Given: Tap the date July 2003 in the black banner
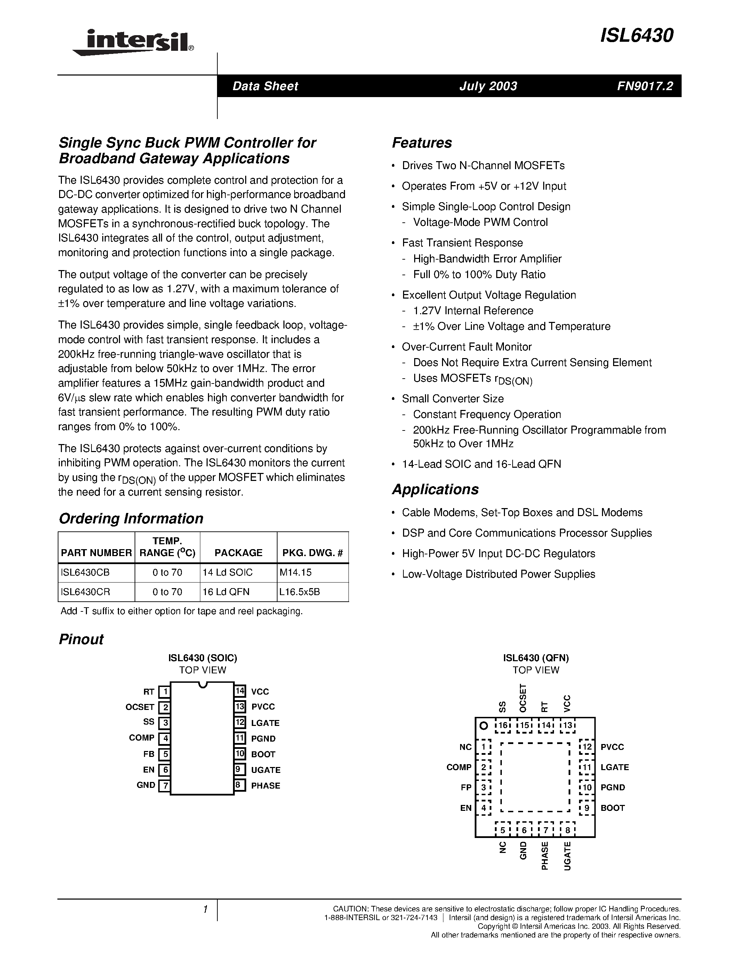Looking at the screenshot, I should click(x=488, y=86).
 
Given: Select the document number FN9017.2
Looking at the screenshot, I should click(x=645, y=86).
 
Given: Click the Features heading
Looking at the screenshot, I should click(x=421, y=143).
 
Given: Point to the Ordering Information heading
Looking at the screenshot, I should click(x=131, y=519).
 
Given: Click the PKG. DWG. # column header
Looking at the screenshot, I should click(x=312, y=553).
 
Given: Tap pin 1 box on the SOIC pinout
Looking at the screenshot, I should click(x=164, y=692).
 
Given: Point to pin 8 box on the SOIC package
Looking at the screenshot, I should click(x=239, y=785).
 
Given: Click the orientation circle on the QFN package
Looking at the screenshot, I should click(x=483, y=726).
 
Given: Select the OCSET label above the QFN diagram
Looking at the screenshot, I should click(x=523, y=698).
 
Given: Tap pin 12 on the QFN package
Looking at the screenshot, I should click(x=587, y=747).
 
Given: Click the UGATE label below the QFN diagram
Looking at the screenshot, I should click(x=568, y=855).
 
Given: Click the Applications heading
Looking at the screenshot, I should click(x=435, y=489).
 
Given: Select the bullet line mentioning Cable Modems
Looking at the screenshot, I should click(x=522, y=512).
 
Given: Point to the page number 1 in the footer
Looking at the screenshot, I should click(x=205, y=910).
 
